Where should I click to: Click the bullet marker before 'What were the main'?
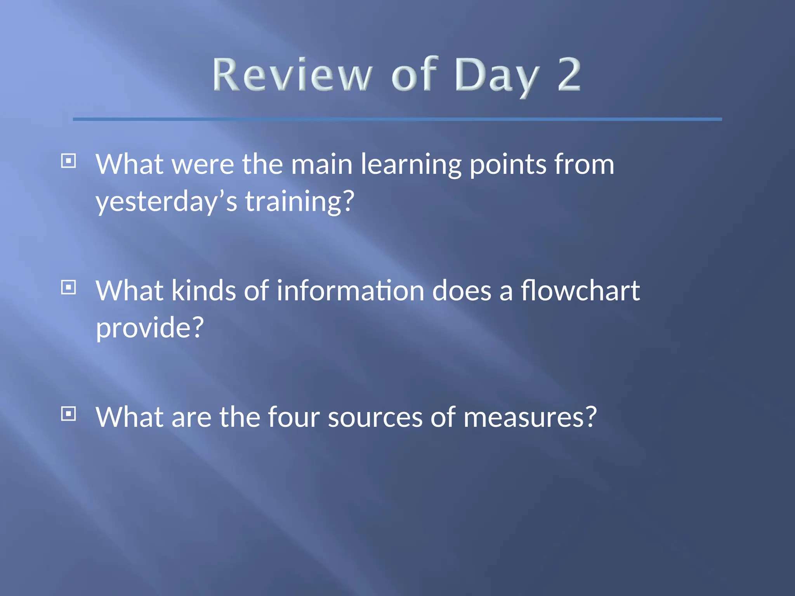pyautogui.click(x=69, y=161)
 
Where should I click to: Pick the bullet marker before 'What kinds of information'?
pyautogui.click(x=69, y=288)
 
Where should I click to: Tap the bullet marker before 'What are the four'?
pyautogui.click(x=69, y=414)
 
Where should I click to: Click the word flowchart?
pyautogui.click(x=580, y=291)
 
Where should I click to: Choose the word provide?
pyautogui.click(x=149, y=328)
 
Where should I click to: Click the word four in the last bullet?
pyautogui.click(x=293, y=418)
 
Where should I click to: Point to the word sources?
pyautogui.click(x=375, y=418)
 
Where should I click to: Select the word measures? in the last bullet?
pyautogui.click(x=529, y=418)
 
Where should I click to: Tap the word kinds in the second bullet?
pyautogui.click(x=203, y=291)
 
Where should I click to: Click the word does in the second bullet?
pyautogui.click(x=462, y=291)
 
